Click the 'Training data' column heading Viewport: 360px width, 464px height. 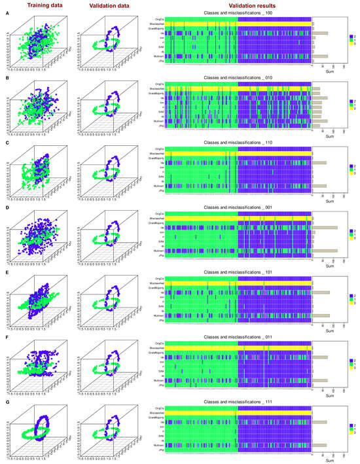pyautogui.click(x=32, y=6)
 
